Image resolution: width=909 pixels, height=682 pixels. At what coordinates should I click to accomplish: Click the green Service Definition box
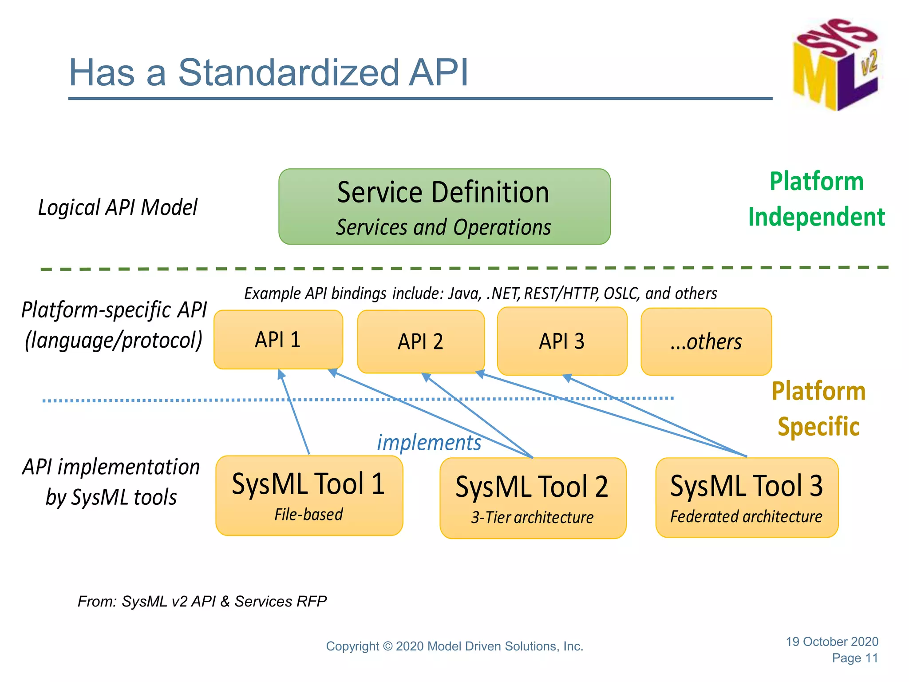(x=444, y=206)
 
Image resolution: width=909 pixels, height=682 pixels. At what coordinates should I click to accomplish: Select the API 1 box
(x=278, y=340)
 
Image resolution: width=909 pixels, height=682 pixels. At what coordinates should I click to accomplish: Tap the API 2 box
(x=420, y=341)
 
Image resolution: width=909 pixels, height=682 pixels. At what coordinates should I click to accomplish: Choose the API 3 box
(x=562, y=341)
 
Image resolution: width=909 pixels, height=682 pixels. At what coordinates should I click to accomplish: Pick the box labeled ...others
(x=706, y=341)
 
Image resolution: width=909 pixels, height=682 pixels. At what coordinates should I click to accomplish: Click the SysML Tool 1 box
(x=309, y=496)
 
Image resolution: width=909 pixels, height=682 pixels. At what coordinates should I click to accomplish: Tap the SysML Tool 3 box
(x=747, y=497)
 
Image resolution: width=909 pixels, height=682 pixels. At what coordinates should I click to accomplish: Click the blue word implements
(x=429, y=443)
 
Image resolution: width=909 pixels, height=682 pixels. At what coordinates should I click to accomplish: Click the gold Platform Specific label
(x=818, y=408)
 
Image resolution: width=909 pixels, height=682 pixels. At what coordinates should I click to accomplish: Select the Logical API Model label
(x=118, y=207)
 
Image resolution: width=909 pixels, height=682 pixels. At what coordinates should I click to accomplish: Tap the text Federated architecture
(x=746, y=517)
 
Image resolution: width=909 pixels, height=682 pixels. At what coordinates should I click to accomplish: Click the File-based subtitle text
(x=308, y=515)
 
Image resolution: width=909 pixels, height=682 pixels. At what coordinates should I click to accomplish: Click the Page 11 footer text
(x=855, y=658)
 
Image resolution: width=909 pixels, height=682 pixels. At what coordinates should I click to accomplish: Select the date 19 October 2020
(x=832, y=642)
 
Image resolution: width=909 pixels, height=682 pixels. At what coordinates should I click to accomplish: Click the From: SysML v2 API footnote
(x=202, y=601)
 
